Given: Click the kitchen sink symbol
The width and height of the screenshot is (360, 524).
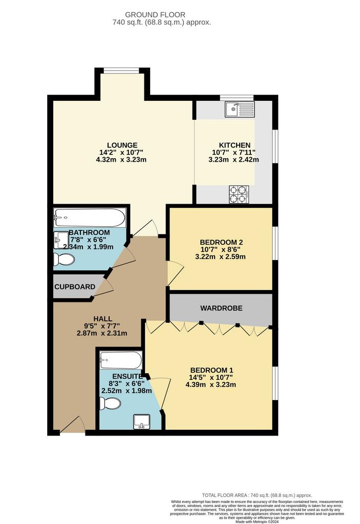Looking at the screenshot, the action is click(x=240, y=109).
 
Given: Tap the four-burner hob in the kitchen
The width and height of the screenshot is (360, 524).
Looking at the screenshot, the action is click(x=239, y=194).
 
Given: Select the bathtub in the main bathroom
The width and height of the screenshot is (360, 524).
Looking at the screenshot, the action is click(x=90, y=217).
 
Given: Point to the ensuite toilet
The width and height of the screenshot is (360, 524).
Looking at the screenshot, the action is click(x=111, y=403).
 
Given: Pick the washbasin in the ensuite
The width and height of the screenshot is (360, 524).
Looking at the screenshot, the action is click(x=142, y=422).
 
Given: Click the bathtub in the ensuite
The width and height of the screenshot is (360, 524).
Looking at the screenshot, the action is click(x=121, y=360).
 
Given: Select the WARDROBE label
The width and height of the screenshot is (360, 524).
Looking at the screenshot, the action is click(x=221, y=308).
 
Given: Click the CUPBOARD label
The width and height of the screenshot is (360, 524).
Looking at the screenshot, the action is click(x=75, y=287).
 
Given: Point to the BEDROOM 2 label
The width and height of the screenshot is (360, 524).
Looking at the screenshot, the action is click(x=221, y=242).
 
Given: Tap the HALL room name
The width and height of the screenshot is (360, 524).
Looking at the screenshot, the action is click(x=103, y=319).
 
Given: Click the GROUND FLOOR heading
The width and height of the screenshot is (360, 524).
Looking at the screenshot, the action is click(x=155, y=15).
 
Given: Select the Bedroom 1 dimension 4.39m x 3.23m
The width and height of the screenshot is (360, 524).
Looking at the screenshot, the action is click(x=211, y=385).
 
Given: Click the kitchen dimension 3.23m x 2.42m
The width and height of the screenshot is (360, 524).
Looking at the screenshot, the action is click(x=234, y=160).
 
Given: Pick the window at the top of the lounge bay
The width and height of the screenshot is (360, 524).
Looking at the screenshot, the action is click(x=121, y=71).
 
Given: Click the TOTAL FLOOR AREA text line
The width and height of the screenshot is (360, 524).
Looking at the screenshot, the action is click(x=257, y=495).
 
